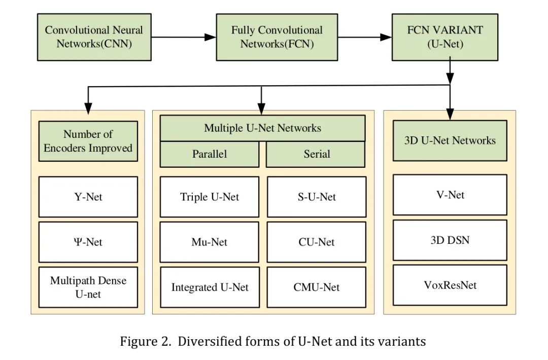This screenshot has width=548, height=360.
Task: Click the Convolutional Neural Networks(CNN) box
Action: point(94,37)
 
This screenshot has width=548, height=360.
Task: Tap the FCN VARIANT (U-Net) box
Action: point(445,37)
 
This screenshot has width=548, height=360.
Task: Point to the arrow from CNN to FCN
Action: point(184,37)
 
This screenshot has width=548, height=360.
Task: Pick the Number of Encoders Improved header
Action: point(88,141)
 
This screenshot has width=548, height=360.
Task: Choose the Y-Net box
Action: point(88,197)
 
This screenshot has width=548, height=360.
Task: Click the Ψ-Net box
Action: point(88,242)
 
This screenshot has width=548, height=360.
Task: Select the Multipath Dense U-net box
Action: point(88,287)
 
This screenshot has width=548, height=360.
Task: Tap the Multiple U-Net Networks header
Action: point(262,128)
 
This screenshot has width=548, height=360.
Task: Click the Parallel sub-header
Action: point(209,154)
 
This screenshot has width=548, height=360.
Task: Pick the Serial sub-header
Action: point(316,154)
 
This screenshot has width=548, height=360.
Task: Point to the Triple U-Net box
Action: point(209,197)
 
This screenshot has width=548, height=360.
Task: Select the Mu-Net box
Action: point(209,242)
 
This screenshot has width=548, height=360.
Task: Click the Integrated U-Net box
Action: point(209,287)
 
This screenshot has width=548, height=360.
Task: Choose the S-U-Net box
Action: point(316,197)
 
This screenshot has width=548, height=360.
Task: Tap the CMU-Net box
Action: point(316,287)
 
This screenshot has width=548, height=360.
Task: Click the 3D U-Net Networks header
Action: point(450,140)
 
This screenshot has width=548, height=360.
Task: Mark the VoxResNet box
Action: point(450,285)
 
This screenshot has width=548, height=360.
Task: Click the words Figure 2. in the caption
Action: point(140,341)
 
